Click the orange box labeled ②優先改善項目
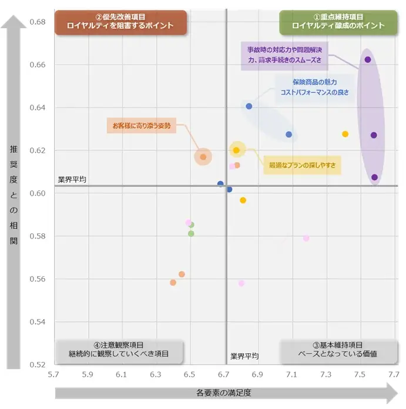tap(120, 22)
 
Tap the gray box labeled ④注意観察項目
tap(119, 349)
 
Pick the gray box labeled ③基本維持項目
tap(338, 349)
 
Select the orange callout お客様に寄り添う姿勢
tap(142, 125)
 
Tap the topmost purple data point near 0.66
tap(368, 59)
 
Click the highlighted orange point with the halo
tap(203, 157)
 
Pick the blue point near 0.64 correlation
tap(249, 106)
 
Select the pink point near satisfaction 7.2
tap(306, 238)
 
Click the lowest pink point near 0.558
tap(241, 283)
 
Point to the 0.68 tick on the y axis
tap(37, 22)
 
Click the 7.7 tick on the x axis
tap(394, 374)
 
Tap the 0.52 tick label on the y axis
tap(37, 365)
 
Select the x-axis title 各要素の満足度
tap(224, 393)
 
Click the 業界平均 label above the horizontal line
tap(72, 179)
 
